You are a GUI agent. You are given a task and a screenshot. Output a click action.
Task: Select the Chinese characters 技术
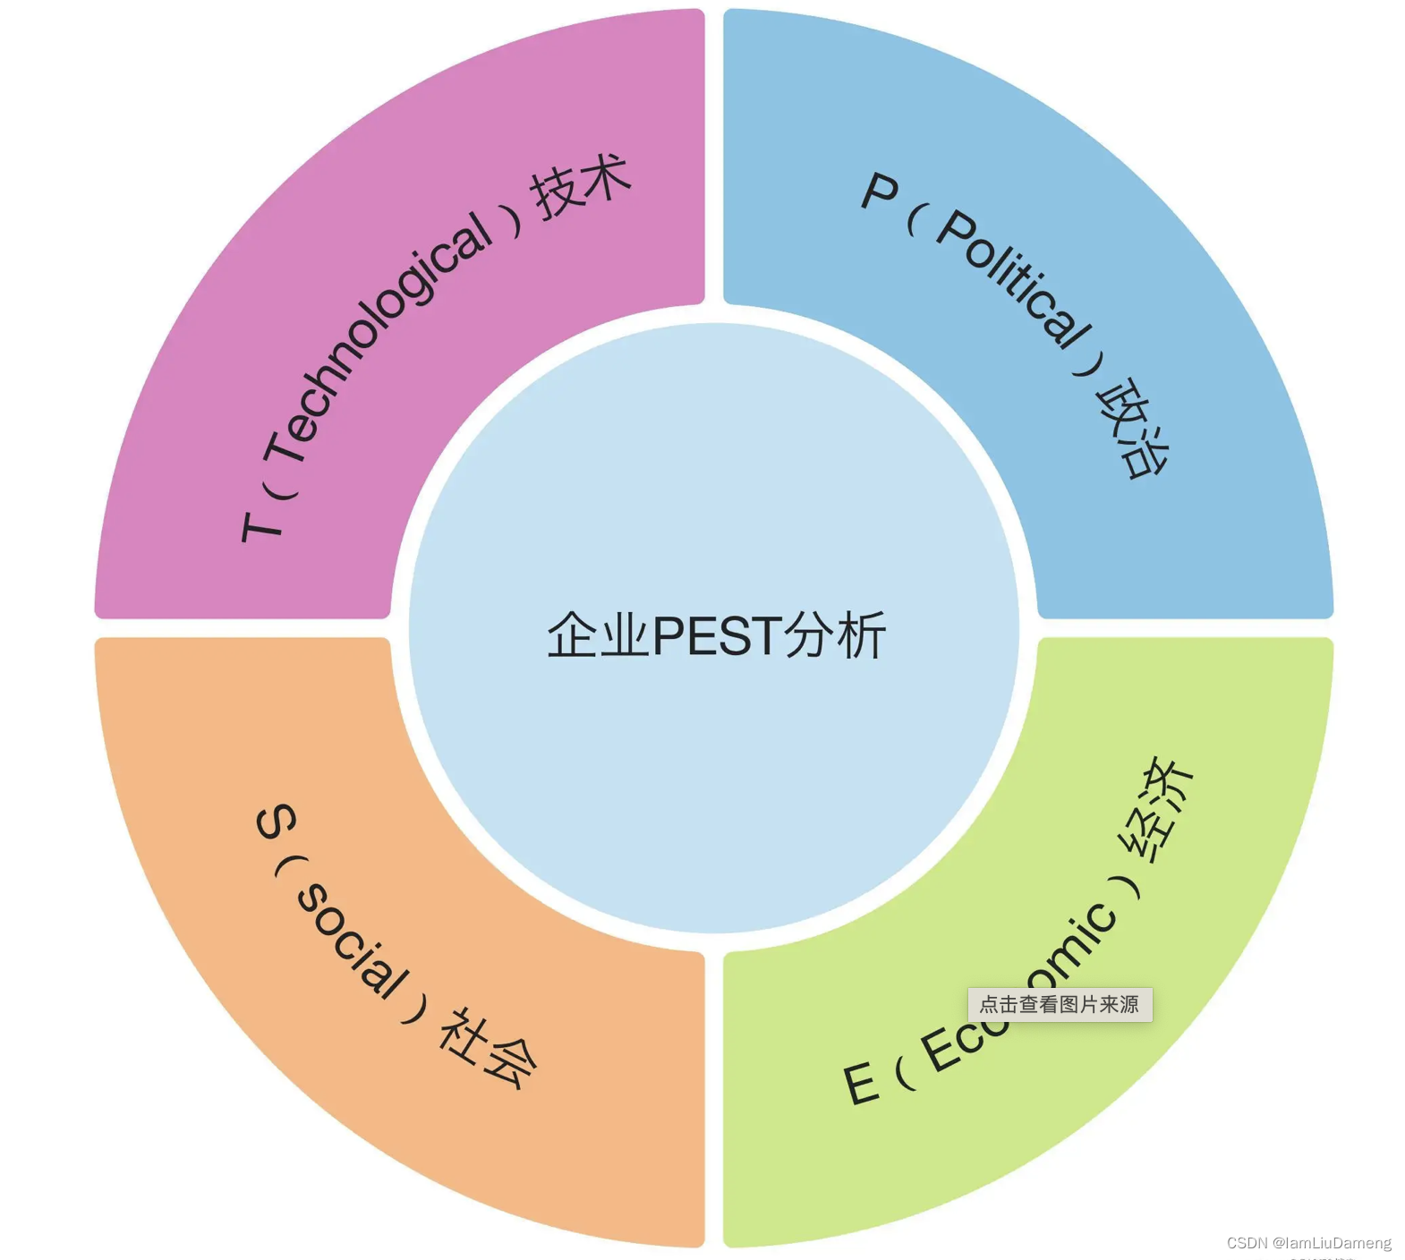[x=582, y=186]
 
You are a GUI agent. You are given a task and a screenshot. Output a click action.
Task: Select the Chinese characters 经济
[x=1156, y=810]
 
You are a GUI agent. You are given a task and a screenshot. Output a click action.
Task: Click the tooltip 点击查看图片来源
[x=1060, y=1004]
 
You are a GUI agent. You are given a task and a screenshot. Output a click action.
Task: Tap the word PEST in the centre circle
[x=717, y=636]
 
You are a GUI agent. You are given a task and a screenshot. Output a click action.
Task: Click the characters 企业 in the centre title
[x=598, y=636]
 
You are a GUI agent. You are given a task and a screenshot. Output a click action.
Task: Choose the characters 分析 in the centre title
[x=835, y=636]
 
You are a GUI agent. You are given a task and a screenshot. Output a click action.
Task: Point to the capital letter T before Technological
[x=261, y=526]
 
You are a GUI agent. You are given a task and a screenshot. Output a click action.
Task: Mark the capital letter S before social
[x=276, y=822]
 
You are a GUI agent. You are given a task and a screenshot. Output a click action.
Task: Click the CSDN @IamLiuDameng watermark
[x=1308, y=1243]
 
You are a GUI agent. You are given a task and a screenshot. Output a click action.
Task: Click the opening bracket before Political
[x=913, y=220]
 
